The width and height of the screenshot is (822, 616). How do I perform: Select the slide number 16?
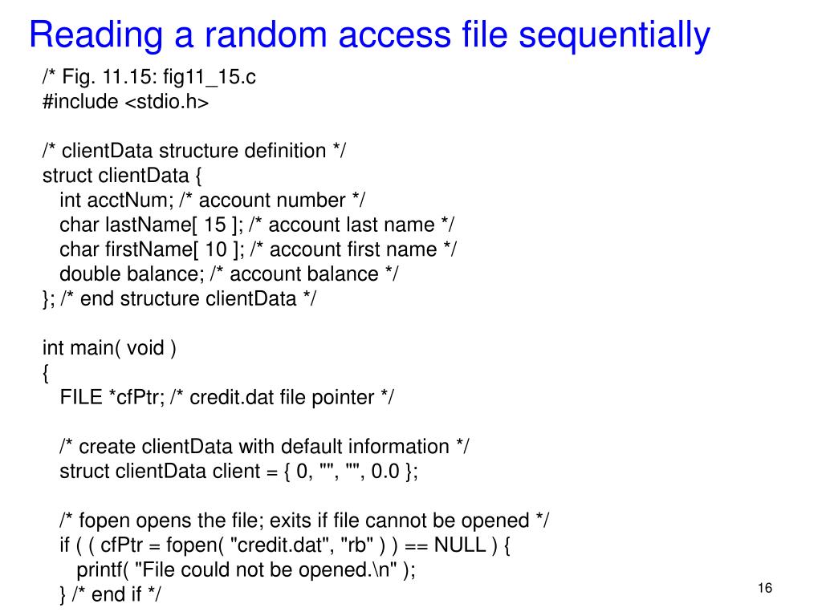764,590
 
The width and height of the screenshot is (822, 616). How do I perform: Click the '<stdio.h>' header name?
166,102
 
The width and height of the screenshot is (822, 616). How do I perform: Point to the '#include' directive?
80,102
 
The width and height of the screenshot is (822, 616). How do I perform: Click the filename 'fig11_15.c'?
210,77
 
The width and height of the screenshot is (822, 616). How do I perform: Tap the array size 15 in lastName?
216,225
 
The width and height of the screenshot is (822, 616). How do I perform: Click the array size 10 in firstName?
216,249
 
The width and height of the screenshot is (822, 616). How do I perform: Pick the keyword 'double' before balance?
87,274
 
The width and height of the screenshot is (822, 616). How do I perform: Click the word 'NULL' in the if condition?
460,545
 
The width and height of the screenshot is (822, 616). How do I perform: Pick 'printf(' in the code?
103,570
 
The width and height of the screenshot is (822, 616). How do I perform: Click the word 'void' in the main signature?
144,348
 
